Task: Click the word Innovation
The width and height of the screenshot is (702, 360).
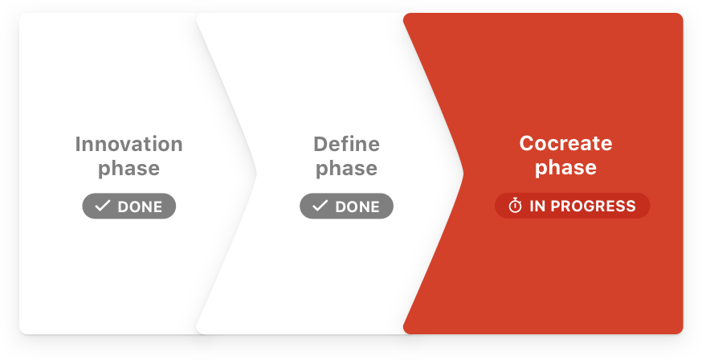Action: [129, 144]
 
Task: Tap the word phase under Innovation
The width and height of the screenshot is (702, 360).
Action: [129, 170]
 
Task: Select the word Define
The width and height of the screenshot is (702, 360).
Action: [346, 144]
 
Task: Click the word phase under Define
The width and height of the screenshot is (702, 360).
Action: [346, 170]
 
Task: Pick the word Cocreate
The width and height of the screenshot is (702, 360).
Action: [566, 143]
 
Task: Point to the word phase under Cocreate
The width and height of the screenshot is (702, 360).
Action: [566, 169]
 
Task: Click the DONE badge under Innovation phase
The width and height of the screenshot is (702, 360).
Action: [129, 206]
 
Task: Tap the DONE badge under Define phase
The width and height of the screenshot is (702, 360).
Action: [346, 206]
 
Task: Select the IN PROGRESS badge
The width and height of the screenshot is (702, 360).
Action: [572, 206]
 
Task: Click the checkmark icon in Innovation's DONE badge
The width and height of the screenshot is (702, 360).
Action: [103, 206]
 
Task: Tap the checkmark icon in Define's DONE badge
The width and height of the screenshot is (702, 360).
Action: [320, 206]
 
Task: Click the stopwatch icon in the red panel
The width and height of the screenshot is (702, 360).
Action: [515, 206]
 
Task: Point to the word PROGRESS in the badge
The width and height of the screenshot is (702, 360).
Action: [593, 206]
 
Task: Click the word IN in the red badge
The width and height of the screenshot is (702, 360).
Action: [537, 206]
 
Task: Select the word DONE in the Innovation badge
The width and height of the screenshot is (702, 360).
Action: [140, 207]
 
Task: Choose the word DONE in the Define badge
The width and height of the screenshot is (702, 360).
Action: [357, 207]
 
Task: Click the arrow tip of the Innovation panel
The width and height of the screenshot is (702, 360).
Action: [255, 174]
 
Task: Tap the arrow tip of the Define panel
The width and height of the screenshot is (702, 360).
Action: [463, 174]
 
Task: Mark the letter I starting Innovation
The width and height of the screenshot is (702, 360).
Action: [77, 144]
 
